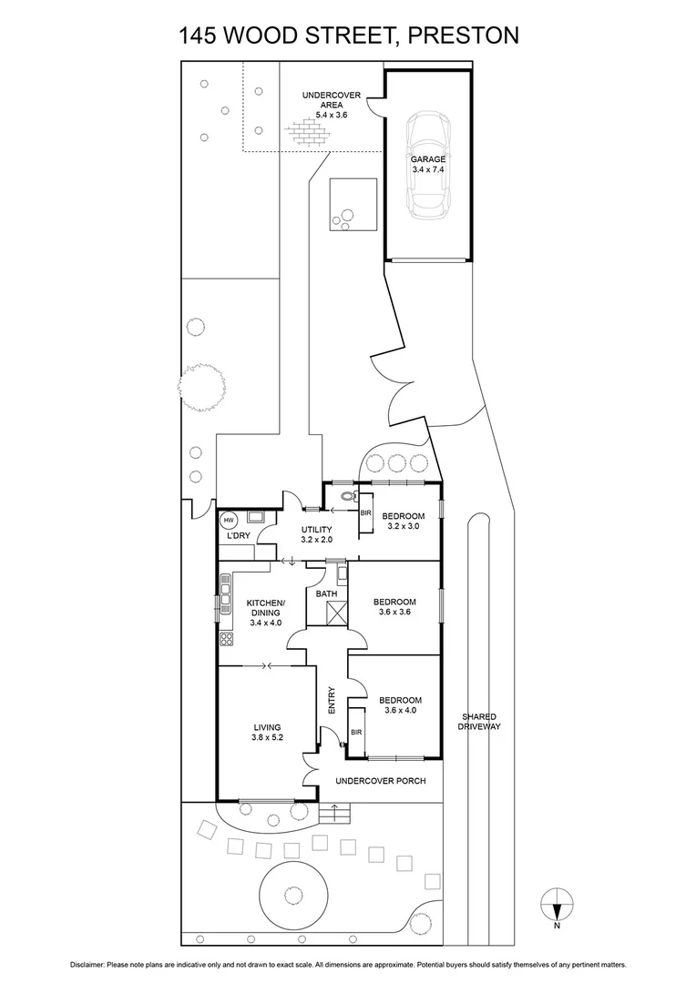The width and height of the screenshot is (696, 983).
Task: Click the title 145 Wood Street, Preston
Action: click(349, 35)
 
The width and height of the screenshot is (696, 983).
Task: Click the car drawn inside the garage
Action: click(427, 165)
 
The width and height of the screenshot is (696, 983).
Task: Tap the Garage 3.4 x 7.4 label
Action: click(427, 165)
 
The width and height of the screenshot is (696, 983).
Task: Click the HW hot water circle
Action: click(228, 521)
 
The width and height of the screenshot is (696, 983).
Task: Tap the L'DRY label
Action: click(239, 536)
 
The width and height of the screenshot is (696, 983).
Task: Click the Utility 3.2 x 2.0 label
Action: click(316, 534)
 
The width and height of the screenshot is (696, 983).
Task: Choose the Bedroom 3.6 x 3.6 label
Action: click(394, 607)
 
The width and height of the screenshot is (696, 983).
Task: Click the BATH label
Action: click(326, 594)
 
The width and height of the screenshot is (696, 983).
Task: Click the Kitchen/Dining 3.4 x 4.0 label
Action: click(265, 613)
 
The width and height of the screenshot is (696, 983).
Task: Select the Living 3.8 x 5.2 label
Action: click(267, 733)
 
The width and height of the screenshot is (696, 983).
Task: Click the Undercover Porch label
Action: click(381, 781)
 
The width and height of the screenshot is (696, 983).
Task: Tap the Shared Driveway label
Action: click(479, 722)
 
